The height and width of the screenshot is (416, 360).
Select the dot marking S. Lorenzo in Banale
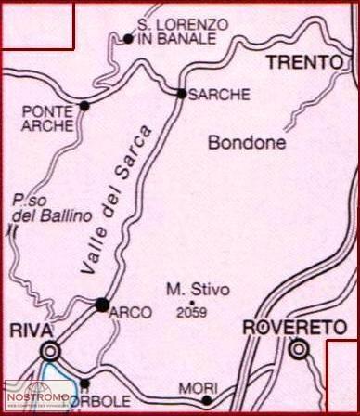(x=127, y=39)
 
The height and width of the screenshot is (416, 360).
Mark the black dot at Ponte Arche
(x=84, y=106)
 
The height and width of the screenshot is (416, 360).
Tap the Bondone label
(x=245, y=144)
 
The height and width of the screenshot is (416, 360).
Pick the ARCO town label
(x=130, y=313)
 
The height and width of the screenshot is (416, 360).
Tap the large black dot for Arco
(x=102, y=305)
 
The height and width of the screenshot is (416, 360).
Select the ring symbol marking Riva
(x=49, y=351)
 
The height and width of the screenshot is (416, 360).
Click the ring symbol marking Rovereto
(x=298, y=350)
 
